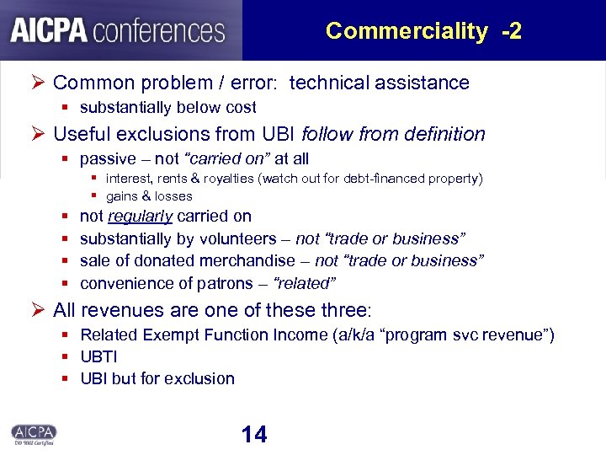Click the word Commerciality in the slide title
tap(406, 31)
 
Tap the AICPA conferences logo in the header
tap(119, 31)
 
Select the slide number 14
tap(253, 434)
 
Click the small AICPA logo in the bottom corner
tap(34, 432)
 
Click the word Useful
tap(82, 134)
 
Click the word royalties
tap(229, 179)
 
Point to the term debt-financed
tap(384, 179)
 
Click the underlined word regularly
tap(141, 217)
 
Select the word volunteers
tap(237, 238)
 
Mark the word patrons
tap(223, 283)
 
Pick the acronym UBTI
tap(98, 356)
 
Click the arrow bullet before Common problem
tap(37, 83)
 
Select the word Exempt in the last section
tap(168, 335)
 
